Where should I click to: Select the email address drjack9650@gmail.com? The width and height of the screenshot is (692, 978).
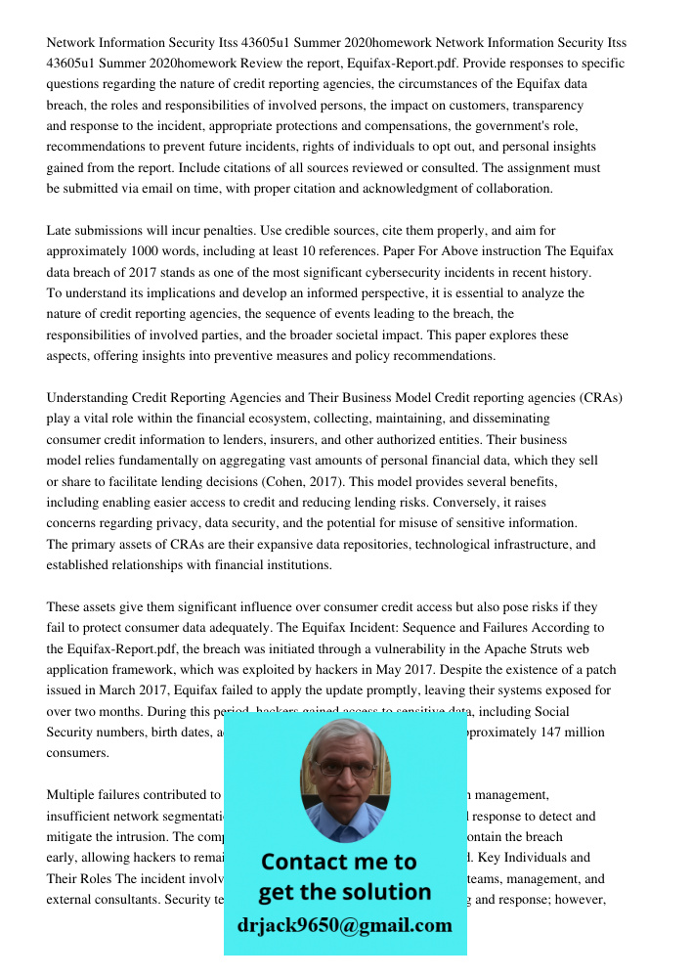pyautogui.click(x=345, y=925)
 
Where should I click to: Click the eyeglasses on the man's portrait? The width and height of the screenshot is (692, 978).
pyautogui.click(x=345, y=769)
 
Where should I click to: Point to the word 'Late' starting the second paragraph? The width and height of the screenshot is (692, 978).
pyautogui.click(x=60, y=231)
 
